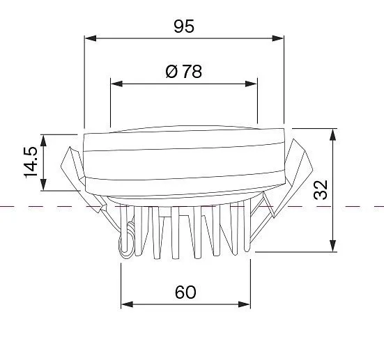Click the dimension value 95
pyautogui.click(x=184, y=26)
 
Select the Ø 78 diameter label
pyautogui.click(x=184, y=72)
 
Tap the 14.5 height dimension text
pyautogui.click(x=31, y=162)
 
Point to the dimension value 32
pyautogui.click(x=321, y=190)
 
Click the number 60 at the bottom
pyautogui.click(x=185, y=292)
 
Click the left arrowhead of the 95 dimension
pyautogui.click(x=91, y=38)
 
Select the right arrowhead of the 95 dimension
pyautogui.click(x=277, y=38)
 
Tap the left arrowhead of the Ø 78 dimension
pyautogui.click(x=116, y=84)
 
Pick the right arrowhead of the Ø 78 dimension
pyautogui.click(x=251, y=84)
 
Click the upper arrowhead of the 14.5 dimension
pyautogui.click(x=43, y=141)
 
